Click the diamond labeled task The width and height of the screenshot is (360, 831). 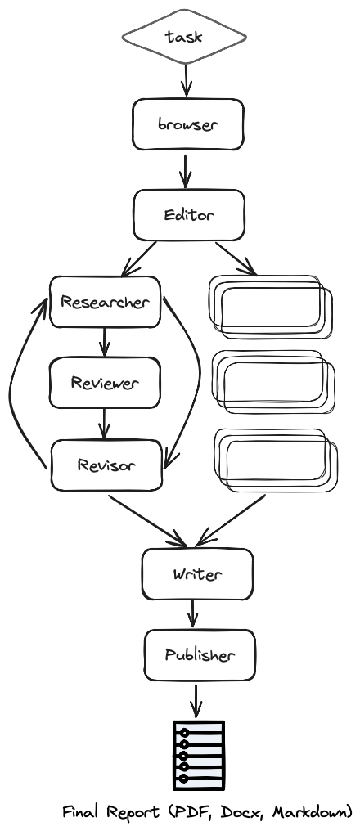pos(184,37)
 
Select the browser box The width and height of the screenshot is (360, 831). pos(188,124)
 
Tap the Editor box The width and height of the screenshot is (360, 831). pos(189,215)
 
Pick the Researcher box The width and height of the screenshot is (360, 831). pos(105,302)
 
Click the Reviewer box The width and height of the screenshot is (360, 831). pos(105,383)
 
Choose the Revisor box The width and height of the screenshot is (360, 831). pos(106,465)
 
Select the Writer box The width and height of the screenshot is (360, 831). pos(197,574)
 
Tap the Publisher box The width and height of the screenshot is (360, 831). pos(200,655)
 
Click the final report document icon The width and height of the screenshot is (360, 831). pos(199,755)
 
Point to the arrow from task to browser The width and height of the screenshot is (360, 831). pos(186,80)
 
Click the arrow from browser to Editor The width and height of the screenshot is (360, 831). pos(185,171)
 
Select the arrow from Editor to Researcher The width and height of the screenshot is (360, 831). pos(139,259)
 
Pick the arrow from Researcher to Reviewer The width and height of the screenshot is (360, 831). pos(105,342)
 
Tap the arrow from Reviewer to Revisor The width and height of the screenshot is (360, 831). pos(105,424)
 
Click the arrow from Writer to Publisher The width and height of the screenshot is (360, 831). pos(193,613)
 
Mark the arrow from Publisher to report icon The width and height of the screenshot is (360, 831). pos(196,701)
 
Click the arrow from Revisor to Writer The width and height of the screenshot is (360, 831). pos(147,520)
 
